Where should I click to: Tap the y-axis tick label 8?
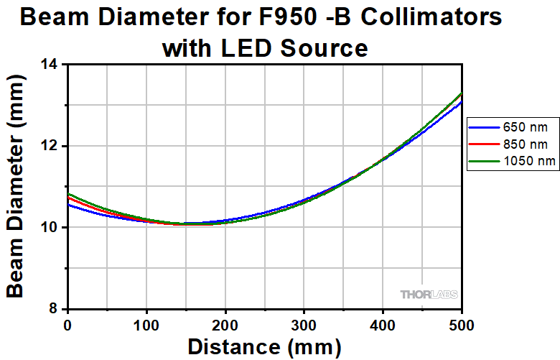(x=54, y=309)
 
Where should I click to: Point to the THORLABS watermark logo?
(x=429, y=293)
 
